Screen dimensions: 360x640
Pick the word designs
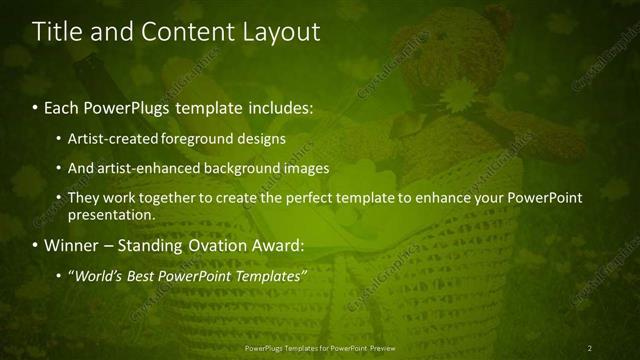tap(259, 139)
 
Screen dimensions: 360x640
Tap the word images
tap(305, 169)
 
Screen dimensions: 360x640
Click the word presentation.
tap(110, 214)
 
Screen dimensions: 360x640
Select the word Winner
tap(73, 245)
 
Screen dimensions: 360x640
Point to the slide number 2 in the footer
tap(590, 348)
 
